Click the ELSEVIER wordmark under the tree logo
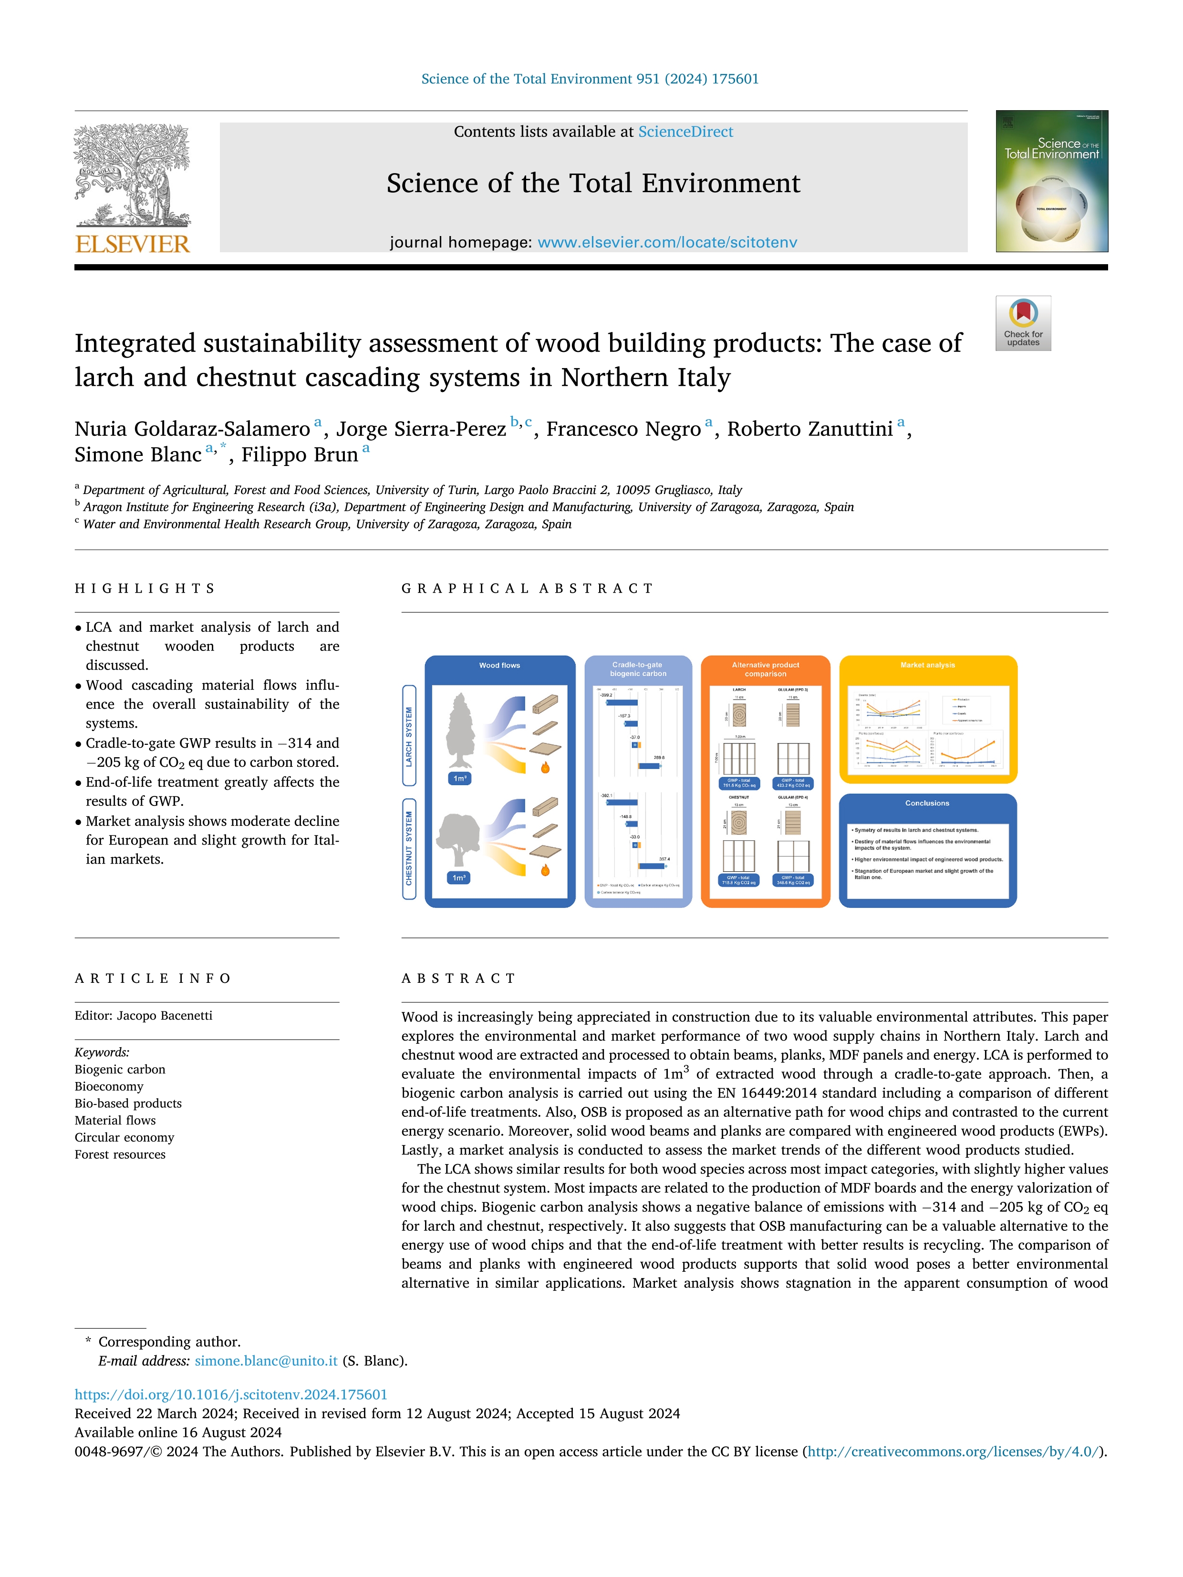click(133, 245)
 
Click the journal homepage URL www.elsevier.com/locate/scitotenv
click(667, 242)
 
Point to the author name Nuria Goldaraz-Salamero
click(193, 429)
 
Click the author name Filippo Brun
click(300, 455)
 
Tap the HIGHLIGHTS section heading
click(145, 588)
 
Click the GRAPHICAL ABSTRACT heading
click(527, 588)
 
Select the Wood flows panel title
click(499, 665)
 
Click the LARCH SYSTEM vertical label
click(409, 736)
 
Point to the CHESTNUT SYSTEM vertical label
click(409, 848)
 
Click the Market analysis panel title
click(927, 665)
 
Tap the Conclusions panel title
click(927, 804)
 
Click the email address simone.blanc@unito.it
click(266, 1361)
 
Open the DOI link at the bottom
click(231, 1394)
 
